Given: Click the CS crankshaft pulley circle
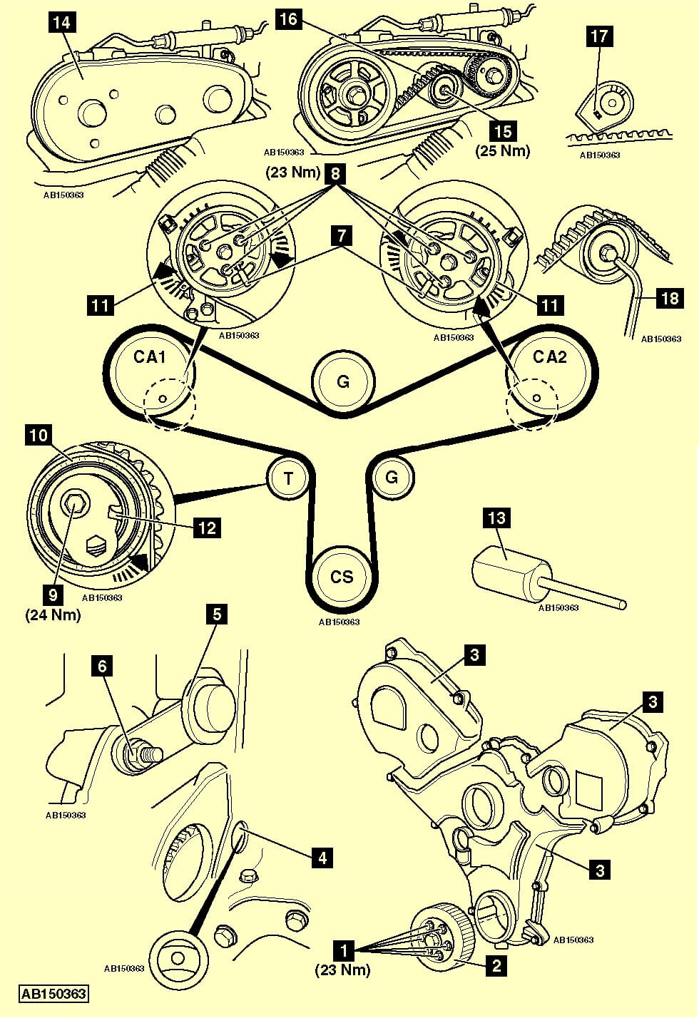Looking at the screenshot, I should (x=342, y=575).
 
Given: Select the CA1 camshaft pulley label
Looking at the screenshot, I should (x=150, y=357).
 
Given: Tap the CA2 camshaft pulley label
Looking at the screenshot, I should (x=549, y=357).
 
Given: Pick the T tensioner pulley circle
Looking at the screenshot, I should (x=288, y=478).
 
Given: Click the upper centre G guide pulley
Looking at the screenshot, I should (x=343, y=381).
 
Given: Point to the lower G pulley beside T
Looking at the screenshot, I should (x=391, y=477).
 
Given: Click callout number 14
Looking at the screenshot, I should (x=62, y=22).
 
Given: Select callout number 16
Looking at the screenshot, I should (x=288, y=19).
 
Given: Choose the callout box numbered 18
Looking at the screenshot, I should (x=670, y=297).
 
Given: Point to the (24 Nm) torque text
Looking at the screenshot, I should (x=53, y=614).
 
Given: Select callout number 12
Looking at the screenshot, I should (x=206, y=528).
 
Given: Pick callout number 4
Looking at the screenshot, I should (x=322, y=858).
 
